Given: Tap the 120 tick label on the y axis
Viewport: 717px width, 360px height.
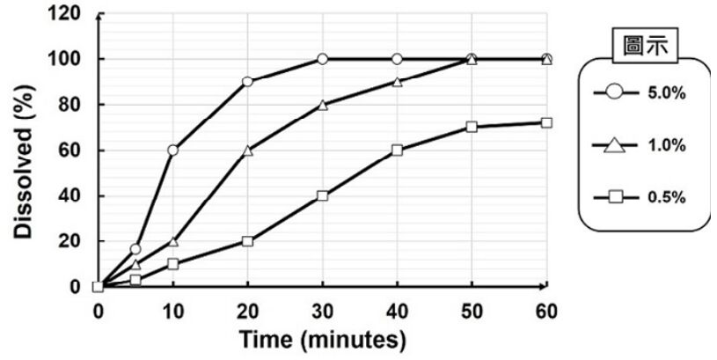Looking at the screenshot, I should tap(69, 14).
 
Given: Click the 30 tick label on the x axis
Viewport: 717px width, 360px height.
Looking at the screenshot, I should tap(322, 310).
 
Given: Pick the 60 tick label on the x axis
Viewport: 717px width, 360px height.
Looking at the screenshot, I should tap(546, 310).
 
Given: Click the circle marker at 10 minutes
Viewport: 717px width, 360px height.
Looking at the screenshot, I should tap(172, 150).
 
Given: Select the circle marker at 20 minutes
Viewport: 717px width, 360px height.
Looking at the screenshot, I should tap(247, 81).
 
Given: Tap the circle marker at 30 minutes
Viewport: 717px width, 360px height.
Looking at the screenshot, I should tap(322, 59).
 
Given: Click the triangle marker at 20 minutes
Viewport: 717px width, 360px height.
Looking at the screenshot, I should tap(247, 150).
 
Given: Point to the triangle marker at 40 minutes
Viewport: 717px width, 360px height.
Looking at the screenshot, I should tap(397, 82).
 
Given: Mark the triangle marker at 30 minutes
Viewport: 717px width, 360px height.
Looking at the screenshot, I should tap(322, 105).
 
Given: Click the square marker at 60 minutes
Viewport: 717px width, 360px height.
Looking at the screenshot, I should tap(546, 122).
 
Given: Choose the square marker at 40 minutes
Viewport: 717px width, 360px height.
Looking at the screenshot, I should tap(397, 150).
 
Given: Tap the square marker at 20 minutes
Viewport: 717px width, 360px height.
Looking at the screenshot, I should tap(247, 240).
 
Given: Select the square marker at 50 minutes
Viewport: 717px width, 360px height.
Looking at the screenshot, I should tap(472, 127).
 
